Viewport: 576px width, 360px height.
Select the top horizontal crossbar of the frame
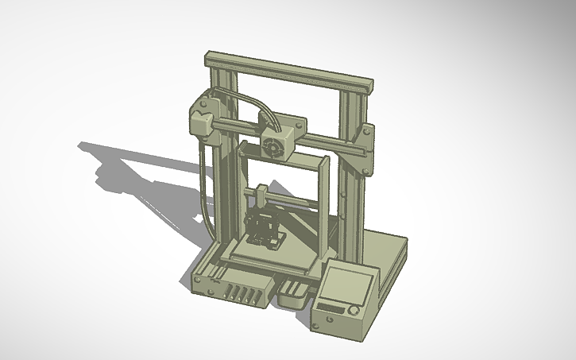289,69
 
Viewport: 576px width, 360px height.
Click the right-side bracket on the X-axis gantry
365,148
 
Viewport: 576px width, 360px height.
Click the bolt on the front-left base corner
197,280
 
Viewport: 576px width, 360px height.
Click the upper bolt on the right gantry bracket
368,130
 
